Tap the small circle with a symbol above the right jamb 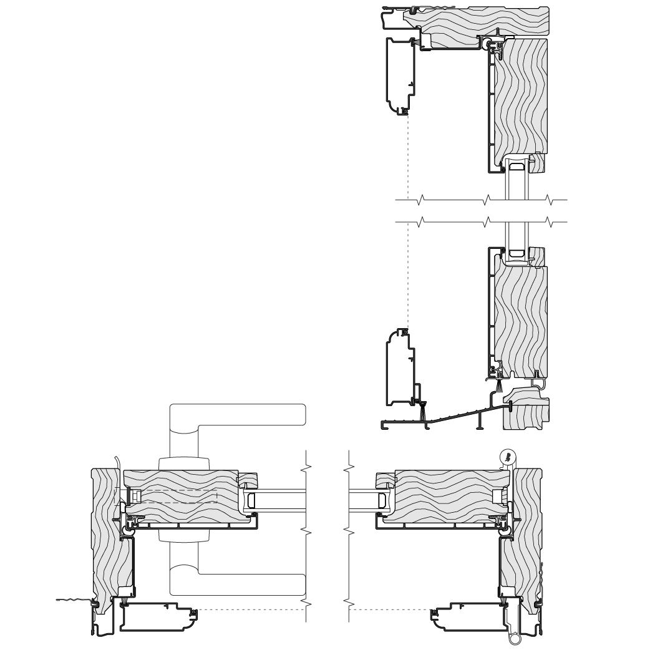click(x=509, y=457)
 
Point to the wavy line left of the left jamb click(x=74, y=601)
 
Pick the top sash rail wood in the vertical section click(x=521, y=100)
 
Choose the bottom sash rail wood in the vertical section click(x=521, y=318)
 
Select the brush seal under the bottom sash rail click(x=500, y=388)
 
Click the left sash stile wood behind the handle click(x=181, y=496)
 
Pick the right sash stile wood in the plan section click(x=449, y=496)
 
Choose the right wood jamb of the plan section click(x=530, y=530)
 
